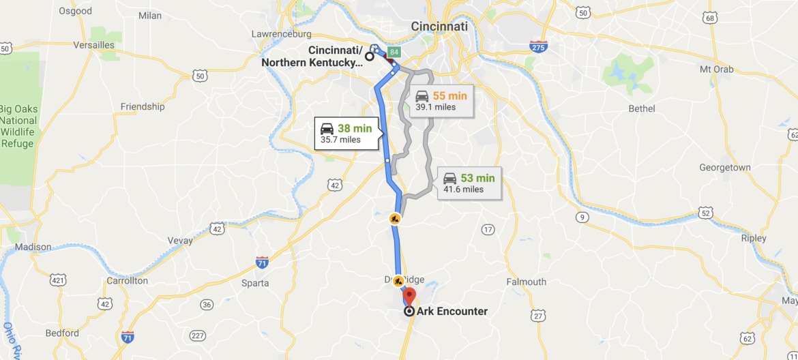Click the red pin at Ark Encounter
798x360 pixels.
pyautogui.click(x=409, y=297)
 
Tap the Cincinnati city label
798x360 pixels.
pyautogui.click(x=439, y=26)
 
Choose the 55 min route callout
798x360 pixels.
pyautogui.click(x=442, y=101)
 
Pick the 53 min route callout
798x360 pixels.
pyautogui.click(x=470, y=183)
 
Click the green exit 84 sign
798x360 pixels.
pyautogui.click(x=394, y=52)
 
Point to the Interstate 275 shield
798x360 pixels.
pyautogui.click(x=538, y=46)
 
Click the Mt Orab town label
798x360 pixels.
pyautogui.click(x=716, y=69)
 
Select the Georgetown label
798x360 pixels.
pyautogui.click(x=724, y=168)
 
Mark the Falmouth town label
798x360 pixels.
pyautogui.click(x=527, y=282)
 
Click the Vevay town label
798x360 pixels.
pyautogui.click(x=181, y=240)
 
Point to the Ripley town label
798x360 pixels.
pyautogui.click(x=754, y=239)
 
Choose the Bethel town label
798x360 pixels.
pyautogui.click(x=641, y=108)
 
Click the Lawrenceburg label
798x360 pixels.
pyautogui.click(x=281, y=33)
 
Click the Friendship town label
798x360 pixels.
pyautogui.click(x=143, y=106)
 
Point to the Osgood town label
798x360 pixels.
pyautogui.click(x=75, y=11)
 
